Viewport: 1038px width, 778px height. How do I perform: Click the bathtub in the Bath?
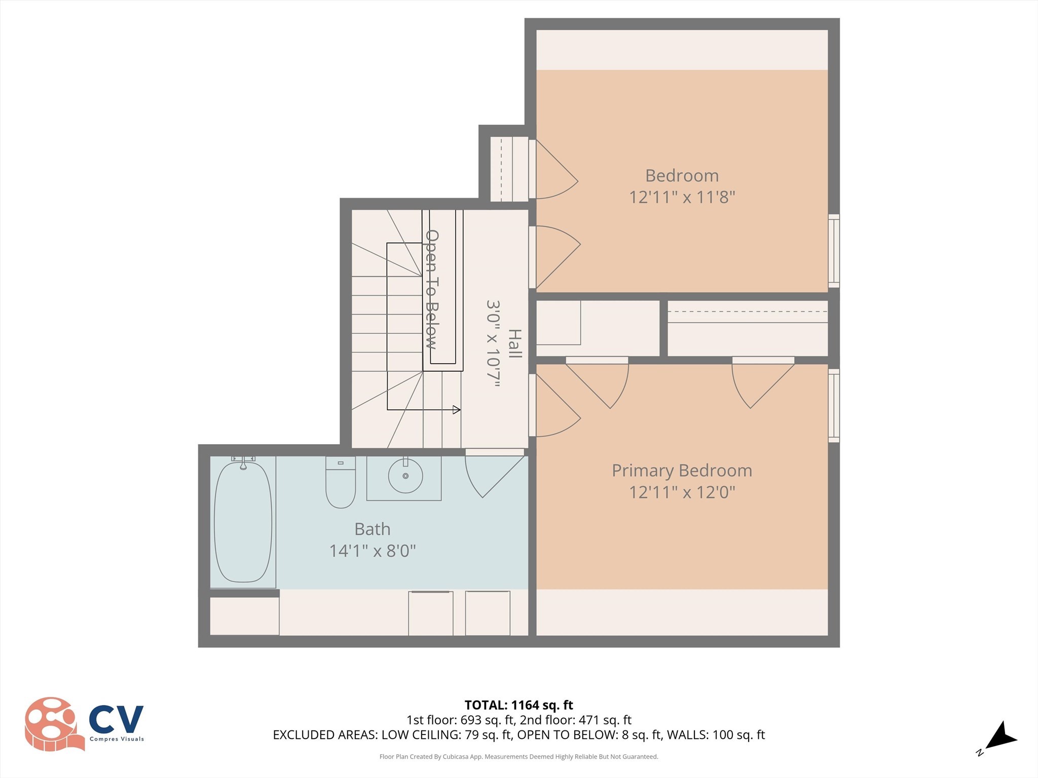(x=243, y=522)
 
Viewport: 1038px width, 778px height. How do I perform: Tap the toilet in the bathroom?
(x=341, y=484)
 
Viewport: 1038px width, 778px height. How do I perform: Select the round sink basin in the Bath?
(x=405, y=476)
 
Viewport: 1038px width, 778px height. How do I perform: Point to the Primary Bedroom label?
(x=682, y=471)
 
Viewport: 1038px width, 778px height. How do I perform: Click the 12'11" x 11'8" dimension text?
(x=682, y=197)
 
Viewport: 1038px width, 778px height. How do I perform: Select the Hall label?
(x=514, y=343)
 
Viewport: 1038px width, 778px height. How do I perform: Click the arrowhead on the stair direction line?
(x=457, y=410)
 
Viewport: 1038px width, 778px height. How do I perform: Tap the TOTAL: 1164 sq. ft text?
(x=518, y=705)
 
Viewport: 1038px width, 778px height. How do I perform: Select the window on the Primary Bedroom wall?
(x=834, y=406)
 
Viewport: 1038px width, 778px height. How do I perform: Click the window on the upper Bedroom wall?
(x=834, y=251)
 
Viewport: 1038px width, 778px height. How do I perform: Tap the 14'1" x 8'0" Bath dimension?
(x=373, y=551)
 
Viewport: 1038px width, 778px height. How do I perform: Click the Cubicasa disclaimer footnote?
(x=518, y=757)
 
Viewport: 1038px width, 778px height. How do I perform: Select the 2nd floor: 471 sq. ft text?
(x=575, y=720)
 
